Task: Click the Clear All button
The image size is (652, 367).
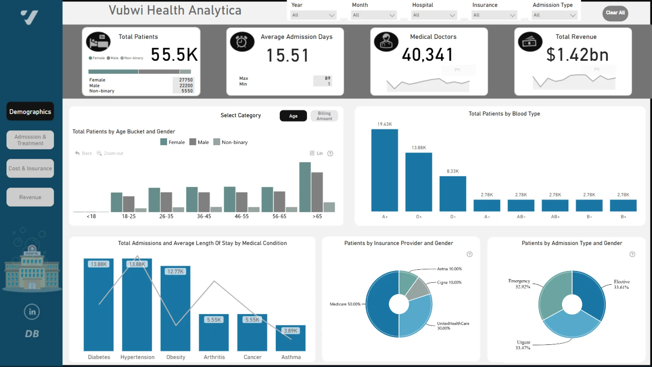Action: (x=615, y=13)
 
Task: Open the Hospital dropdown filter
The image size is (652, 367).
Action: (x=434, y=15)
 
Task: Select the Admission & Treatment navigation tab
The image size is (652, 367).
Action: (x=30, y=140)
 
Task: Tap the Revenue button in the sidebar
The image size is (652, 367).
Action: (x=30, y=197)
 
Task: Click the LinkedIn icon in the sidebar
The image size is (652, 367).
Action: (x=32, y=312)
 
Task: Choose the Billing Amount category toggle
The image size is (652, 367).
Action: (x=324, y=116)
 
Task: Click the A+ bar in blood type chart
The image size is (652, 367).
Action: (x=384, y=170)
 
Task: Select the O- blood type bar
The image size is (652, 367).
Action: (x=453, y=194)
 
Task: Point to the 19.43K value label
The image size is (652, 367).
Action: (x=384, y=124)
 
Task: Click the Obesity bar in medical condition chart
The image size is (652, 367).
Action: (x=176, y=309)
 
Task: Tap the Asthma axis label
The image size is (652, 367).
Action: (x=291, y=357)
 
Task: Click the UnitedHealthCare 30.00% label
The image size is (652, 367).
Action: (x=453, y=326)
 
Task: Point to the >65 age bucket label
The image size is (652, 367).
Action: (x=317, y=216)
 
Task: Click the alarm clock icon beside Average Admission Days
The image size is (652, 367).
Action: (x=242, y=42)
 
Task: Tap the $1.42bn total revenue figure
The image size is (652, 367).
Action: (x=577, y=55)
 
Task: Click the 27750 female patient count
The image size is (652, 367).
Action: (x=186, y=80)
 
